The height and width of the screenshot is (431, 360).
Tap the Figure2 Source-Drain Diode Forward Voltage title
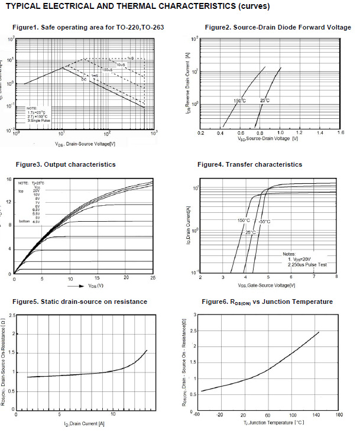coord(277,28)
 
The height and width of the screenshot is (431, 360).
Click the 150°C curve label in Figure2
coord(239,101)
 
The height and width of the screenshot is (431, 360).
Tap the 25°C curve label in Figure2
coord(265,101)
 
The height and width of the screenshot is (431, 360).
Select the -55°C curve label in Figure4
coord(264,221)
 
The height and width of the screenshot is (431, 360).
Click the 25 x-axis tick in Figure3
coord(153,277)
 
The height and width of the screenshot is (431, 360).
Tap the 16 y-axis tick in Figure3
coord(9,179)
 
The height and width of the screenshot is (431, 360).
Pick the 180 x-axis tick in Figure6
coord(339,415)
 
